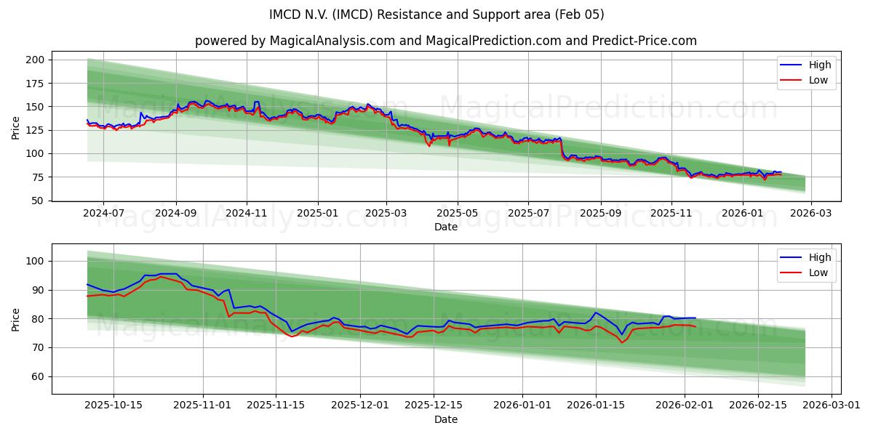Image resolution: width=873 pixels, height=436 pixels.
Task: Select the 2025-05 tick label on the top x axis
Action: [458, 213]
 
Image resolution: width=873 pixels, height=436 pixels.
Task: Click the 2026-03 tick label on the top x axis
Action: [811, 213]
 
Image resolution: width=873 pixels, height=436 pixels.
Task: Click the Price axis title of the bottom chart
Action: [16, 319]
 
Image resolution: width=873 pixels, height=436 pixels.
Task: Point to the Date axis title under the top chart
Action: [445, 227]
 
